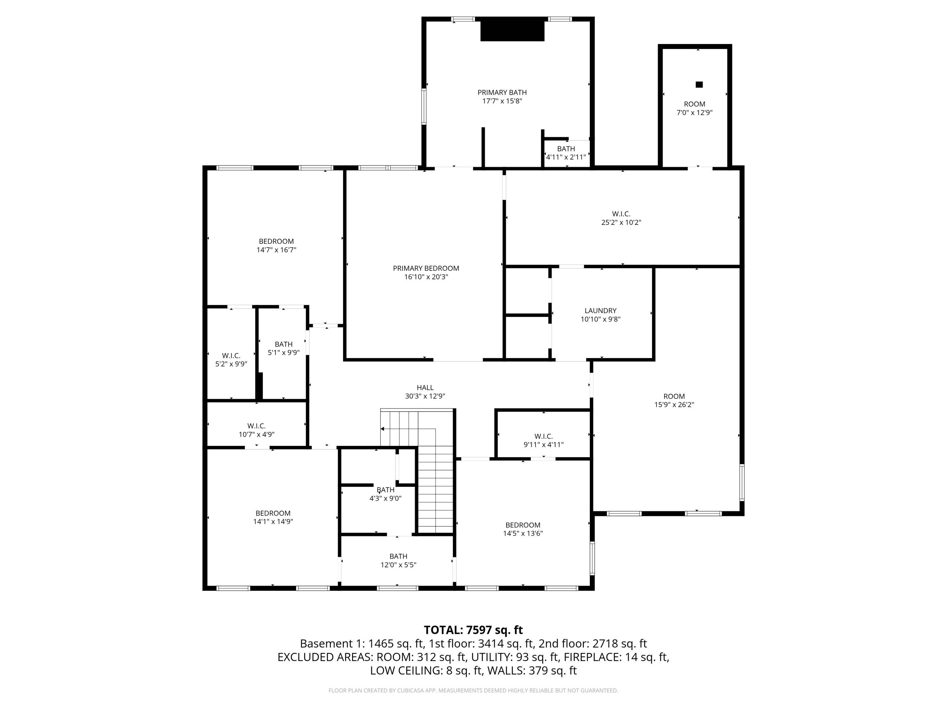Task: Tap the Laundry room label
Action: point(601,311)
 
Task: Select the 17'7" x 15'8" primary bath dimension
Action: point(502,101)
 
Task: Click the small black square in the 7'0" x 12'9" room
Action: point(699,84)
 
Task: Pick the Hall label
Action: point(425,388)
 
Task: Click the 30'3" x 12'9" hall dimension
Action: point(425,396)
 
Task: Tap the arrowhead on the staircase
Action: point(382,429)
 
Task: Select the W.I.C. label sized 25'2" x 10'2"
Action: point(621,214)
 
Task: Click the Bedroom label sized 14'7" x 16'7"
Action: point(277,241)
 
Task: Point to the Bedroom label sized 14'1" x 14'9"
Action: point(273,513)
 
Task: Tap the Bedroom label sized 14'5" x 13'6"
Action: point(523,525)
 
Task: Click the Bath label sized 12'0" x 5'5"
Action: point(398,556)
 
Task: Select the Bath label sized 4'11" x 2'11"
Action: point(566,149)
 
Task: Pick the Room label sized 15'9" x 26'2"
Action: point(674,396)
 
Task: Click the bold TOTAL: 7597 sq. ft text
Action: point(473,630)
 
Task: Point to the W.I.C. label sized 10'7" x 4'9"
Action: point(256,426)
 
